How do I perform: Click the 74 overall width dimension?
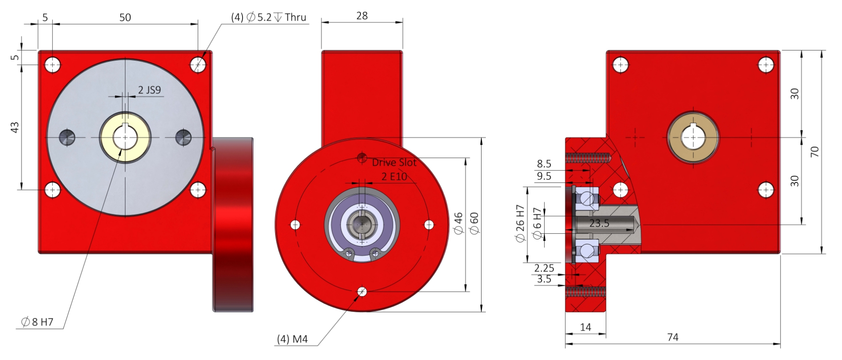673,337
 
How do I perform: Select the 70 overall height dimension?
814,152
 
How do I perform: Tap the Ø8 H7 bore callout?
37,322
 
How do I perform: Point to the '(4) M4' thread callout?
292,339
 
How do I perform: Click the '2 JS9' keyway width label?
150,90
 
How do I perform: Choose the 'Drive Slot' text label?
394,163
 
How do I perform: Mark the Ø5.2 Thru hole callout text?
269,17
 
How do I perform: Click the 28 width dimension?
362,16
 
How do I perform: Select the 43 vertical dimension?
15,128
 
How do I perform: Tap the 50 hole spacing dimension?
125,17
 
